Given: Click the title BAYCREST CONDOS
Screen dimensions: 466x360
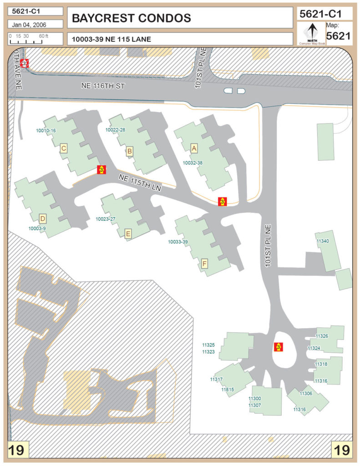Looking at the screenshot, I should pyautogui.click(x=132, y=18).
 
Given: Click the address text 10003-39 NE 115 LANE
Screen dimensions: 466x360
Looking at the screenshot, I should pyautogui.click(x=112, y=39).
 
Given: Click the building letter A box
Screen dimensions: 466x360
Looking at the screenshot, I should pyautogui.click(x=194, y=148).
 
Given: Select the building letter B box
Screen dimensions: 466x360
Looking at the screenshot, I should pyautogui.click(x=130, y=151).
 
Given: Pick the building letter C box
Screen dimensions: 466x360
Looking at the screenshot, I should pyautogui.click(x=64, y=147).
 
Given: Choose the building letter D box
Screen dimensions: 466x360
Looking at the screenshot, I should pyautogui.click(x=43, y=218).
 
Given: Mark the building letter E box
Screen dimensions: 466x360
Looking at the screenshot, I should pyautogui.click(x=128, y=234).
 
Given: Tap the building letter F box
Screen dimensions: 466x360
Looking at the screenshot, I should pyautogui.click(x=205, y=263).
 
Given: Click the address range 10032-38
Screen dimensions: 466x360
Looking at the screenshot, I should pyautogui.click(x=193, y=162).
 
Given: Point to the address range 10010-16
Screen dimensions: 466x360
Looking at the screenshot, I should pyautogui.click(x=46, y=131).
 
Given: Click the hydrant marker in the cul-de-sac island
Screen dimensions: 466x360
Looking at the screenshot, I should pyautogui.click(x=278, y=347).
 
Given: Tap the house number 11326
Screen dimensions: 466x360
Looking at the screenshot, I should pyautogui.click(x=321, y=336).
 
